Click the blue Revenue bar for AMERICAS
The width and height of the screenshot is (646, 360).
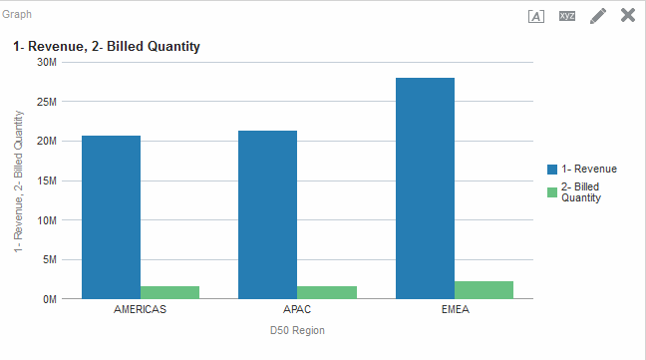coord(111,217)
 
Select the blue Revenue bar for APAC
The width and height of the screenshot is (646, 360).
coord(267,214)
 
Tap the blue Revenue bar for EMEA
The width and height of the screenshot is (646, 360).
coord(425,188)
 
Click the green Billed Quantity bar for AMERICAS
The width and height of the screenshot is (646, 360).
coord(169,292)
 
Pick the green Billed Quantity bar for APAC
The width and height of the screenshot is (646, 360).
coord(327,292)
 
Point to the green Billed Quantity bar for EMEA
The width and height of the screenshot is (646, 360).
coord(484,290)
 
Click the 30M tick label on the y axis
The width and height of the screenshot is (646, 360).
coord(45,62)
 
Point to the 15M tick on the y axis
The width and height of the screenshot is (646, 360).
coord(45,180)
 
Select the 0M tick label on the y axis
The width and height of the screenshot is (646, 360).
coord(48,299)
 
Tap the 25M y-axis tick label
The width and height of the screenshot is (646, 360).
coord(45,102)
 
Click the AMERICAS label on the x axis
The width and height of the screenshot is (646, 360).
coord(141,309)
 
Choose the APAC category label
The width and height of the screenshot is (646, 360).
coord(297,309)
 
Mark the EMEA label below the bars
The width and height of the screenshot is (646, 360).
coord(455,309)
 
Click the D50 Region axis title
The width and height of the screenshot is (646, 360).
coord(297,331)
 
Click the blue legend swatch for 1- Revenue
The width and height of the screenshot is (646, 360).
coord(552,169)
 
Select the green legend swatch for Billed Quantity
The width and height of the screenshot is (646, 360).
coord(552,191)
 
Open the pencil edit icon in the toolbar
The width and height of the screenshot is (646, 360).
coord(598,16)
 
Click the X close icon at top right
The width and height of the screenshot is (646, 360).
coord(628,15)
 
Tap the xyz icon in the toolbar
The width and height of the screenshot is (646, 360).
coord(567,16)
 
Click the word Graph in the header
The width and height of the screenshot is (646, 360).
coord(17,15)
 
